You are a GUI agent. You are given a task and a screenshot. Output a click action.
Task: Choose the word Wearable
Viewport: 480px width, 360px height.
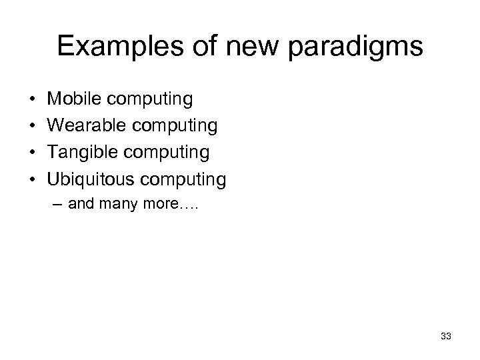[83, 126]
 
